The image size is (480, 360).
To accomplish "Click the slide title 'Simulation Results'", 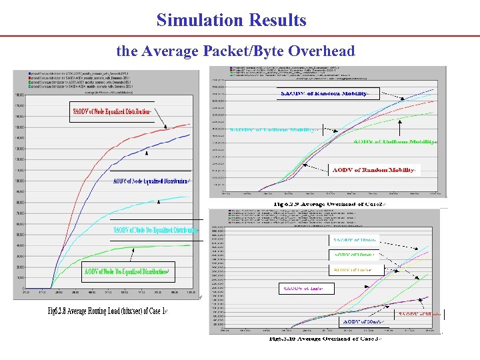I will [231, 20].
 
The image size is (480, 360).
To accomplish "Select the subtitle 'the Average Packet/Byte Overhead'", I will [235, 51].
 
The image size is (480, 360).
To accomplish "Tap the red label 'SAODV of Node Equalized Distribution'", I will [112, 111].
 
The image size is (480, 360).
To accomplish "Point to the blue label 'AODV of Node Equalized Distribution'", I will [151, 181].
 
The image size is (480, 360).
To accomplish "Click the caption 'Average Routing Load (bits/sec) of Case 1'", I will [107, 311].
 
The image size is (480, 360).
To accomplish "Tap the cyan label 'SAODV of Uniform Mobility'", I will [272, 129].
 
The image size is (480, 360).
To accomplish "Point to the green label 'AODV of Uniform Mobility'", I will [395, 141].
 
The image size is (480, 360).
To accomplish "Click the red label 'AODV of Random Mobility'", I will [374, 170].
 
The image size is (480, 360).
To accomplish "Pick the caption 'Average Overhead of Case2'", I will [323, 202].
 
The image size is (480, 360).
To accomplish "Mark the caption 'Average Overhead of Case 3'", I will [323, 339].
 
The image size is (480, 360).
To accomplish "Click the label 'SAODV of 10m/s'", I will [355, 239].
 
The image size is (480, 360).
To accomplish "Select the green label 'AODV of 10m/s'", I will [355, 255].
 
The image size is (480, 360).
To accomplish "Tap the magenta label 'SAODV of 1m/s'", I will [307, 288].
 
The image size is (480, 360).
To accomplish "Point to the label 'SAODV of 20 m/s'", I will [419, 313].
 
